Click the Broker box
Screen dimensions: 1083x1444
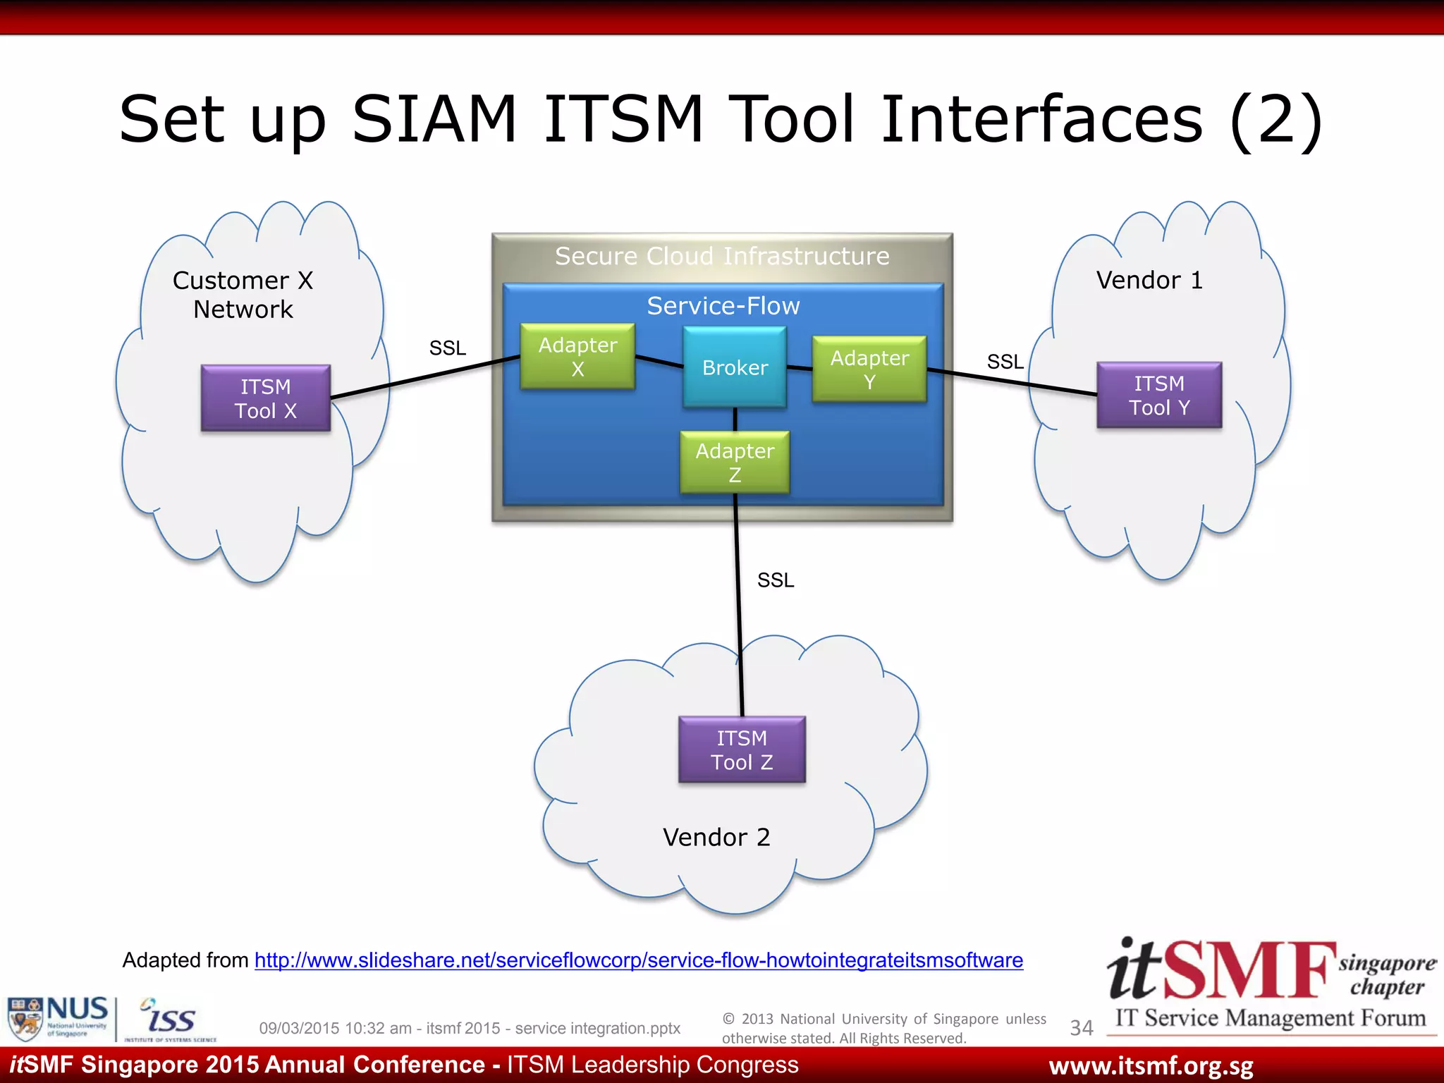coord(735,367)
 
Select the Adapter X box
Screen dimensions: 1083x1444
coord(577,357)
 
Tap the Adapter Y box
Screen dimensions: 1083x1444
coord(869,369)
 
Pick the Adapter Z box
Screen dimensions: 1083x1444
coord(735,463)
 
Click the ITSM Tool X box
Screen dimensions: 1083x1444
coord(266,398)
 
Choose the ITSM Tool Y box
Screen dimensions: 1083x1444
coord(1159,396)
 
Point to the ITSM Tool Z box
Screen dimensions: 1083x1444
coord(742,750)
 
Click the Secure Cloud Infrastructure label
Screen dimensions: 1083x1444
coord(722,256)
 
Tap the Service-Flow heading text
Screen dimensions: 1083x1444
coord(723,306)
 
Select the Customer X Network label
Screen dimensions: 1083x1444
coord(243,295)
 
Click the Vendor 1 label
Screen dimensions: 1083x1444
coord(1149,281)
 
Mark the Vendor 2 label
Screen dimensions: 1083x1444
coord(716,838)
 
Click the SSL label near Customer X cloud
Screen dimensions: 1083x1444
coord(448,348)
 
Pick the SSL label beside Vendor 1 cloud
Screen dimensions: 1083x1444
coord(1005,362)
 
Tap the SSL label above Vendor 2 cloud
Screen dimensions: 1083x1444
coord(776,580)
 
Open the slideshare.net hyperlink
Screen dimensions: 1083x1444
coord(638,960)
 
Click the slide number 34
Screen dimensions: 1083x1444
coord(1081,1028)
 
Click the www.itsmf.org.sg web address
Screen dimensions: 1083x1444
coord(1151,1066)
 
